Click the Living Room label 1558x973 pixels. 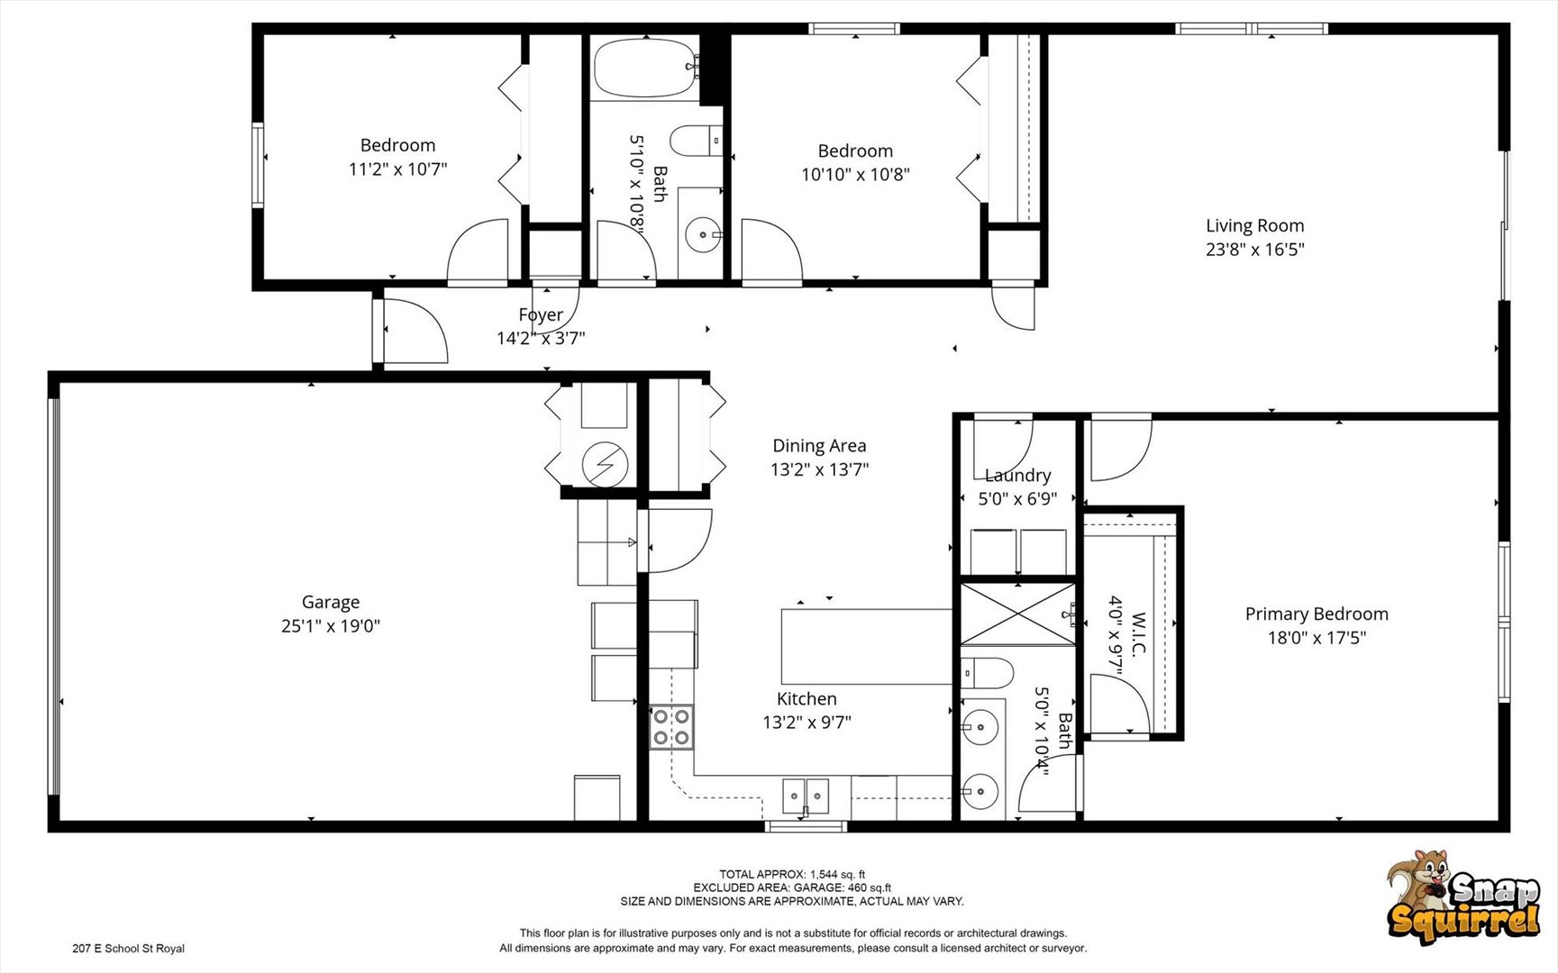click(x=1254, y=226)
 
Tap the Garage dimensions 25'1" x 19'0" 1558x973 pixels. click(x=331, y=625)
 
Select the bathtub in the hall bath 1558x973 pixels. click(x=644, y=68)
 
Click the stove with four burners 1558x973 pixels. click(x=672, y=727)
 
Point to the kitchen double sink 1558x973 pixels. click(x=806, y=796)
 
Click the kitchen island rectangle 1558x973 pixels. click(x=866, y=646)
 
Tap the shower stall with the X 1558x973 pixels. click(x=1017, y=614)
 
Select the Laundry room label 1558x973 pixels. click(x=1017, y=475)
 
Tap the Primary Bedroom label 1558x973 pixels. click(x=1317, y=614)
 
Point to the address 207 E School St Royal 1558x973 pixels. click(x=128, y=949)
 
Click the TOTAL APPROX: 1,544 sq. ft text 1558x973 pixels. click(x=791, y=874)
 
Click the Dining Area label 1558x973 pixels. click(x=819, y=445)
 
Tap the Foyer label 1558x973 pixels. click(x=541, y=314)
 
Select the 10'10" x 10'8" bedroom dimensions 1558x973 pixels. click(x=855, y=175)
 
